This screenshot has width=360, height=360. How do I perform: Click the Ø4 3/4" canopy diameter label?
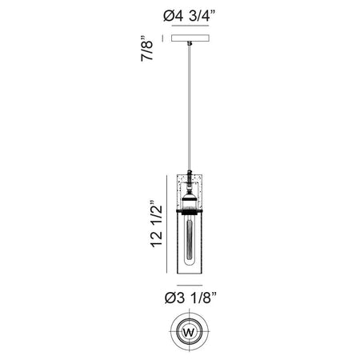[189, 16]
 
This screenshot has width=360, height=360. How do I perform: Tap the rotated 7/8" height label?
[146, 48]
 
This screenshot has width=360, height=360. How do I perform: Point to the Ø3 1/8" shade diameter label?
[190, 298]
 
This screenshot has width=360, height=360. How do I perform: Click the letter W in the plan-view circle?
[189, 333]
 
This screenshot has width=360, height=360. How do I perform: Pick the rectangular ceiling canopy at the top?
[190, 38]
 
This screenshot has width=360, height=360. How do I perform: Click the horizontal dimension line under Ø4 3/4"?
[190, 26]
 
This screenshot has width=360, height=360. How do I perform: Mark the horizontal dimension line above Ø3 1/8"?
[190, 285]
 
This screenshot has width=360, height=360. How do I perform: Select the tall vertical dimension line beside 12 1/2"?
[167, 224]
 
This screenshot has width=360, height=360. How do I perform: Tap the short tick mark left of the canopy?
[162, 38]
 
